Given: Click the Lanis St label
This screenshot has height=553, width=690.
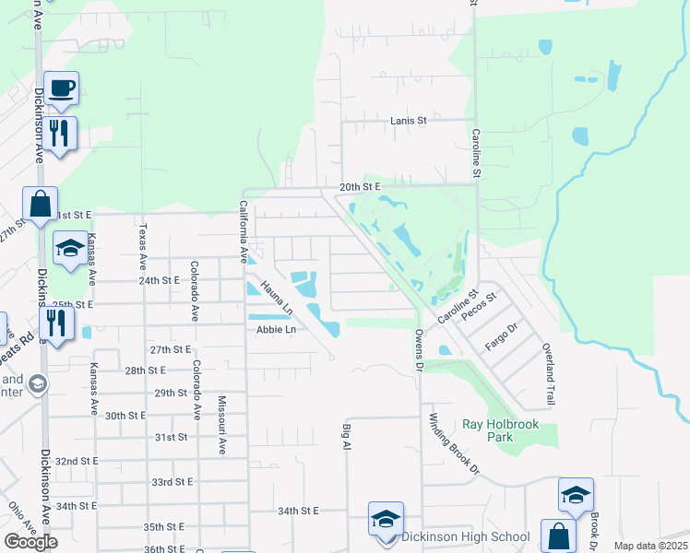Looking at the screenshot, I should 409,120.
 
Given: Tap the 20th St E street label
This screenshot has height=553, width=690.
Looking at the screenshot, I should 360,186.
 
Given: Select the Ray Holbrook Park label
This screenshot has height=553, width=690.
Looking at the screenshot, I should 500,430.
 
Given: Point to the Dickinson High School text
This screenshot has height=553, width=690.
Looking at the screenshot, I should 466,536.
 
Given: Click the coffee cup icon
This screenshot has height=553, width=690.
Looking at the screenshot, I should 62,88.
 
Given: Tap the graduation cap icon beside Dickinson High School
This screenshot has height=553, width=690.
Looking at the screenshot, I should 386,519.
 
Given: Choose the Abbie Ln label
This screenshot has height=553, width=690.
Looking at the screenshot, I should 276,329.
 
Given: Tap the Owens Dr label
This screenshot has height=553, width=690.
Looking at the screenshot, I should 418,349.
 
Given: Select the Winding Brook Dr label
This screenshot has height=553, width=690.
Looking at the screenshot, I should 454,443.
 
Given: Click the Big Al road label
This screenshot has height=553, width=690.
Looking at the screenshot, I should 348,437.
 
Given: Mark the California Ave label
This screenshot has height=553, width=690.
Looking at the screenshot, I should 244,226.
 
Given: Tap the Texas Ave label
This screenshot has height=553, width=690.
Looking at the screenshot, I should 142,243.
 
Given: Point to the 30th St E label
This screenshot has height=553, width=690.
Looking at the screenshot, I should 127,416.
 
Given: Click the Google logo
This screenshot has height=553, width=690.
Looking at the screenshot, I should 30,542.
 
